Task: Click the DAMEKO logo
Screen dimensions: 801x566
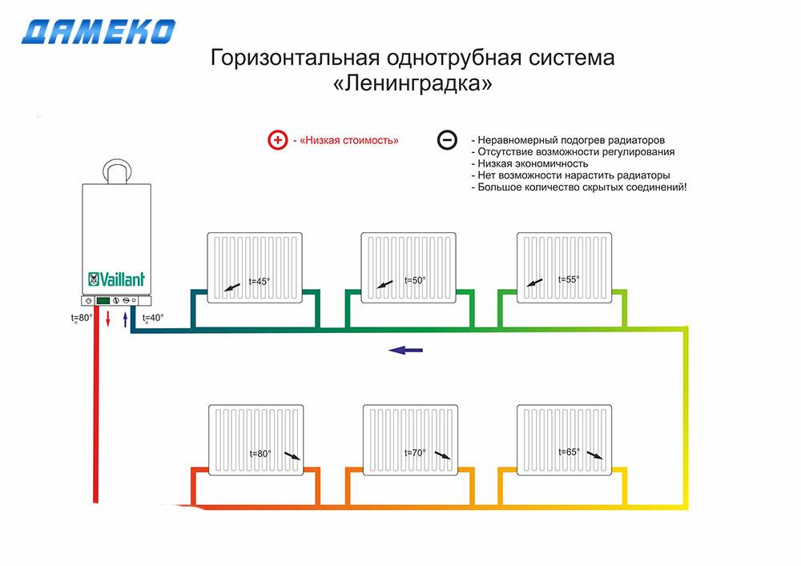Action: click(99, 32)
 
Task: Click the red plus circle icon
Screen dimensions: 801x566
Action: click(278, 140)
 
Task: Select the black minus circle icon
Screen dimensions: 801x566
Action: click(447, 139)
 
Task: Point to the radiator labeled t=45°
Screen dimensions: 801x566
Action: click(255, 267)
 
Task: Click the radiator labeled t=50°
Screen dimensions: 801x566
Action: click(409, 267)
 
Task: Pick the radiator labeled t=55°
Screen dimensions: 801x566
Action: click(564, 267)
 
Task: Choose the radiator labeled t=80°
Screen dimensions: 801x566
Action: click(256, 440)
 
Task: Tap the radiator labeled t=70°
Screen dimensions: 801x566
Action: click(410, 440)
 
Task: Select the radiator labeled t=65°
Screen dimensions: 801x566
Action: click(564, 440)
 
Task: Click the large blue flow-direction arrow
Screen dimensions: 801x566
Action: click(405, 350)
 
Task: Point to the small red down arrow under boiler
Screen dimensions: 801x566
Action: click(108, 319)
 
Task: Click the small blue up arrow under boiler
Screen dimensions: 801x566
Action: click(125, 319)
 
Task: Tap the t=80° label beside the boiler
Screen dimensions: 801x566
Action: click(82, 318)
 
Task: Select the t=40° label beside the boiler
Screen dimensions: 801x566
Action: click(153, 318)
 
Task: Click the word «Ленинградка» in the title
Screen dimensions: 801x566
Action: click(413, 82)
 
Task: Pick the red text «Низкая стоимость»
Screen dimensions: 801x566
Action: click(349, 140)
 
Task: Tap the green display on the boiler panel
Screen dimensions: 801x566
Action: click(103, 300)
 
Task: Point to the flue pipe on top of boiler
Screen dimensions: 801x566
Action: click(117, 171)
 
